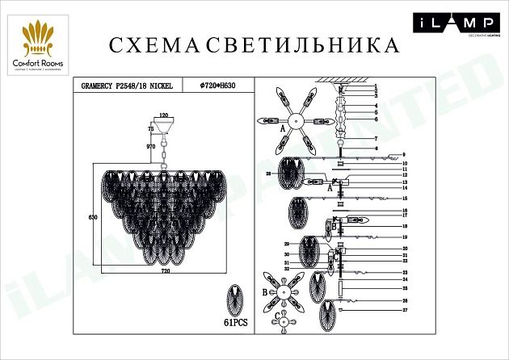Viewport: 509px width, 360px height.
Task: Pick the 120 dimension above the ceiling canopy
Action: (x=165, y=116)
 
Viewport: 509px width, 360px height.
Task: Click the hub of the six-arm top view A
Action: (x=297, y=120)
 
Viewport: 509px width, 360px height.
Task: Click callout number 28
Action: (x=267, y=174)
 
